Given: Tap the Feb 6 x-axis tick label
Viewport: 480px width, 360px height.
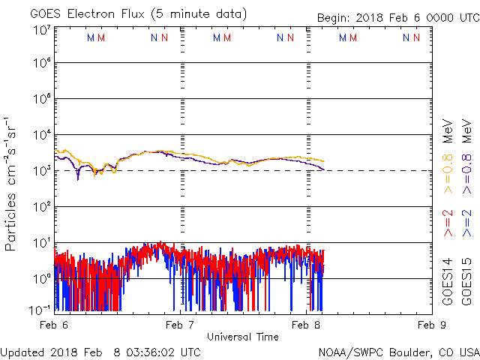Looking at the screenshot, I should point(54,325).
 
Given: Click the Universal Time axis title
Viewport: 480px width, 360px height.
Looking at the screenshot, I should point(243,337).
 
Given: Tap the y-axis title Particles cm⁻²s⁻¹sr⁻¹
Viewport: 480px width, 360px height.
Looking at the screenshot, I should point(11,184).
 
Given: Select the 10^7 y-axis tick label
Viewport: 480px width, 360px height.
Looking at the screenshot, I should point(42,30).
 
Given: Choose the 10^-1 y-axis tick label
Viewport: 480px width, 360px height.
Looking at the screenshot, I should point(42,309).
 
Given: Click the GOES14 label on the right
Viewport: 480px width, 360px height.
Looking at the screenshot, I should point(448,281).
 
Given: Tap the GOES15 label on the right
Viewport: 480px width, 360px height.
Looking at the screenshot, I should point(466,281).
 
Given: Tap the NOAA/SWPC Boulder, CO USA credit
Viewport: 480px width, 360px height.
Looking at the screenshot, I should point(398,352).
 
